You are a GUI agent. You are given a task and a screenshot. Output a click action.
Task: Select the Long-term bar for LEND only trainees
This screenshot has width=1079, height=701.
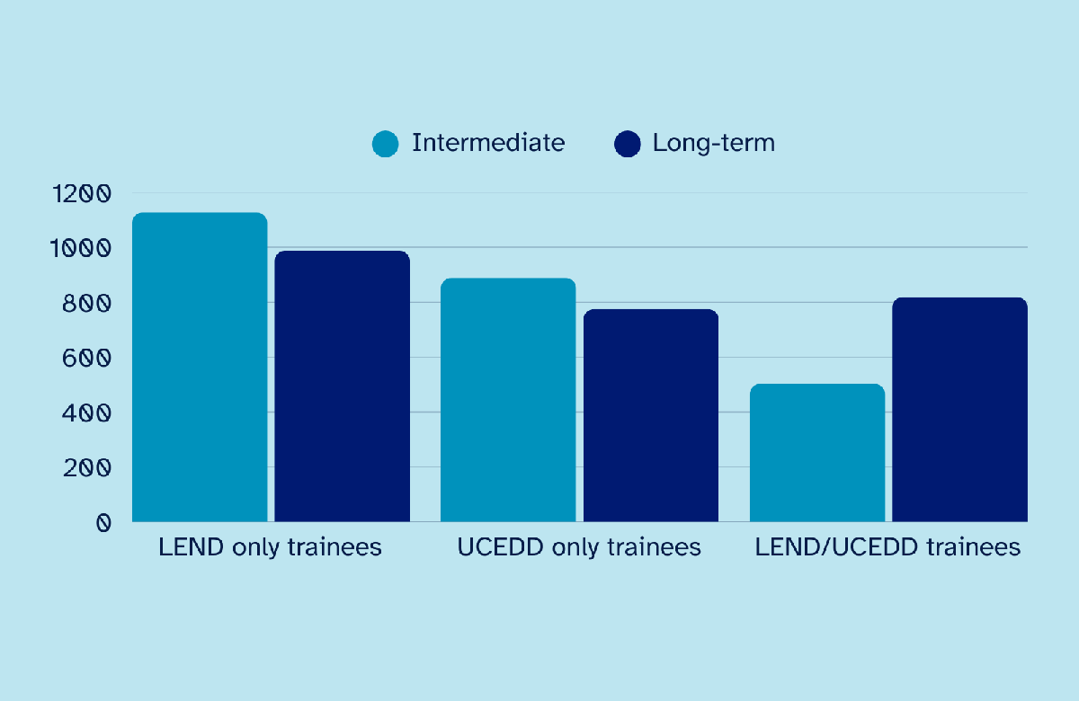[342, 386]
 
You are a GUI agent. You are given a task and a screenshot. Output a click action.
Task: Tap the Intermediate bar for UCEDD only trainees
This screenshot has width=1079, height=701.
[508, 400]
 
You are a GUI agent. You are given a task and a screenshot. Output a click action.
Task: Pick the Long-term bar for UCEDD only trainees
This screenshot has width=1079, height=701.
[651, 415]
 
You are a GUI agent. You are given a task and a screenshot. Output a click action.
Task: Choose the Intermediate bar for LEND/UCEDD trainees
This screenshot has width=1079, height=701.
[816, 453]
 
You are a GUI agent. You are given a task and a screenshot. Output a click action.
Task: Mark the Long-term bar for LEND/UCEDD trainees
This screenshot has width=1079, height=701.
[959, 410]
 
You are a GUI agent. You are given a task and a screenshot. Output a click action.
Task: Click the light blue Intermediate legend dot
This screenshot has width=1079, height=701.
[385, 144]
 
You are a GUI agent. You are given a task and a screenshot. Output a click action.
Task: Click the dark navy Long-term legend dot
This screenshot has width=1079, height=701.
[627, 144]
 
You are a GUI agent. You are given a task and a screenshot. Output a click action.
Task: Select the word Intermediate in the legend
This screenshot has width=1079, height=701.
[488, 143]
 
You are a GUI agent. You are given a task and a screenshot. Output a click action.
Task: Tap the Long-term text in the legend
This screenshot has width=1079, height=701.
[714, 143]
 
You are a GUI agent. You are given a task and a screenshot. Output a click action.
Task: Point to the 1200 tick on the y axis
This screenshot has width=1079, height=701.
[81, 193]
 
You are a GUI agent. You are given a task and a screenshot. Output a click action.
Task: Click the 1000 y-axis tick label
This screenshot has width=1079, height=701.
[81, 248]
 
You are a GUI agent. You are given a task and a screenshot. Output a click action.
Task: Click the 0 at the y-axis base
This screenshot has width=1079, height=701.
[103, 522]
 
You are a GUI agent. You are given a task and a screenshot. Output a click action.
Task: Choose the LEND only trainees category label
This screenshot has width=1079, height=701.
[270, 547]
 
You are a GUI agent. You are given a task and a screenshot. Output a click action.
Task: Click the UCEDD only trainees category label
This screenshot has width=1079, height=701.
[579, 547]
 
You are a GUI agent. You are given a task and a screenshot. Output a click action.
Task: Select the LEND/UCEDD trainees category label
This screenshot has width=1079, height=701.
[888, 547]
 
